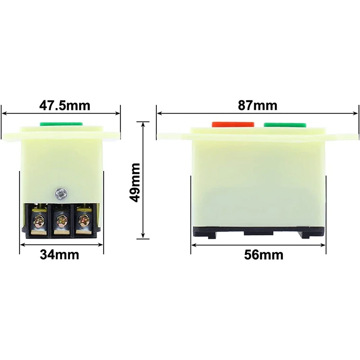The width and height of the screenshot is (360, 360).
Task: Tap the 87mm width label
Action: tap(258, 106)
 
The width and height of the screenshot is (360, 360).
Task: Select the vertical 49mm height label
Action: tap(135, 182)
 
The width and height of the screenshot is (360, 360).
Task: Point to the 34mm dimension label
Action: tap(59, 255)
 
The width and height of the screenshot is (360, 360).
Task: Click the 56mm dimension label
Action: tap(263, 255)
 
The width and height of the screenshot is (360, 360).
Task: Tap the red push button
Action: tap(233, 124)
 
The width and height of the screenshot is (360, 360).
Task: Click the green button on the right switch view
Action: tap(285, 124)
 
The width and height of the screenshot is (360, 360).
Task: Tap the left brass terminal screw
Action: tap(38, 219)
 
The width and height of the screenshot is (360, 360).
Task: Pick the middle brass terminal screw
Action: tap(60, 219)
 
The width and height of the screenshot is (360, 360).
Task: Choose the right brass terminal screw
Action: tap(83, 219)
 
